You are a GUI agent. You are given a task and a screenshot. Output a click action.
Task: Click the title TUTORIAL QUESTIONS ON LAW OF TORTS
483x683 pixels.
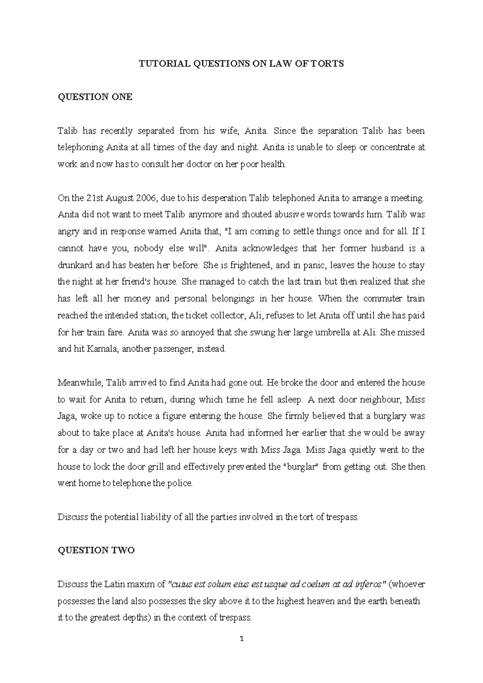pyautogui.click(x=241, y=64)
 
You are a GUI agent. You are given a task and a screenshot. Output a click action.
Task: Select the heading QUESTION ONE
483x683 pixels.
pyautogui.click(x=95, y=97)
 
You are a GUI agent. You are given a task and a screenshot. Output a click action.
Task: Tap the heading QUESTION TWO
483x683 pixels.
pyautogui.click(x=96, y=551)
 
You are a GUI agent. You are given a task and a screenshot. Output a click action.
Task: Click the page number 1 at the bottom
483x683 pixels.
pyautogui.click(x=242, y=639)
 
